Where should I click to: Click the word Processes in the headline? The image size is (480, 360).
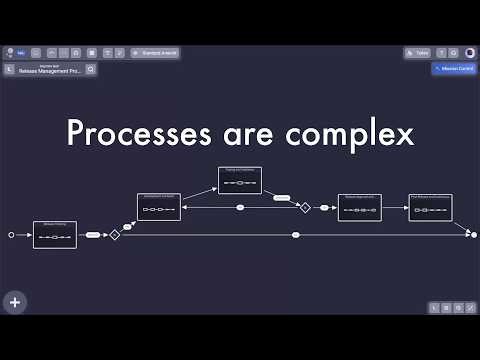[x=129, y=134]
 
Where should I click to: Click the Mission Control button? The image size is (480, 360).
[x=453, y=70]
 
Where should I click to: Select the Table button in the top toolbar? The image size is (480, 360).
[x=417, y=52]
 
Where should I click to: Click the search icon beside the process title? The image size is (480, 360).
[x=91, y=70]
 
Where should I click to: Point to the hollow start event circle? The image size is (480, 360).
[x=12, y=235]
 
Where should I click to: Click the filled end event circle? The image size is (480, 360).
[x=474, y=235]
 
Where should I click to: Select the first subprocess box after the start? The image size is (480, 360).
[x=55, y=235]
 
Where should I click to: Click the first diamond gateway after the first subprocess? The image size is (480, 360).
[x=115, y=235]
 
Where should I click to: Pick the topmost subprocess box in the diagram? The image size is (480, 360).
[x=240, y=180]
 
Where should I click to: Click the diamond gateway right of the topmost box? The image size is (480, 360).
[x=305, y=207]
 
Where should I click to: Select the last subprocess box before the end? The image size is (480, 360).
[x=430, y=207]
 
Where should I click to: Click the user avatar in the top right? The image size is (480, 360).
[x=468, y=52]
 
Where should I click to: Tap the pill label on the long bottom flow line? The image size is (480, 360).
[x=296, y=235]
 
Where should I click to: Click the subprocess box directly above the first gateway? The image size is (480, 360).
[x=159, y=207]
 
